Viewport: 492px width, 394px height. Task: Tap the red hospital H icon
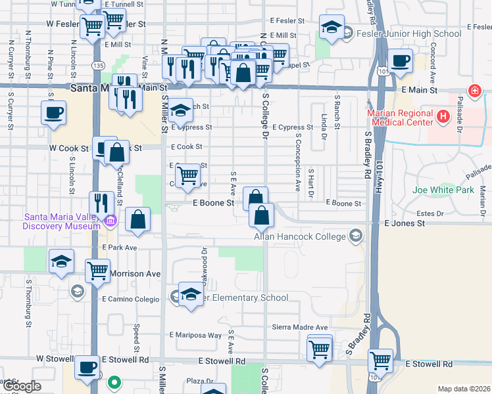tap(443, 117)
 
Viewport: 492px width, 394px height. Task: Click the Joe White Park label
tap(443, 190)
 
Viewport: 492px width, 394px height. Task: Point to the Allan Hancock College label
tap(300, 236)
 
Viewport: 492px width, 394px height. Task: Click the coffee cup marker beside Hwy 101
tap(399, 61)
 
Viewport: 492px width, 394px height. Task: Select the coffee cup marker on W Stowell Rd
tap(87, 367)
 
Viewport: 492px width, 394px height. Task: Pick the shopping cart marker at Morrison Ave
tap(97, 269)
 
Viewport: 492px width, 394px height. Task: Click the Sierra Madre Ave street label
tap(299, 327)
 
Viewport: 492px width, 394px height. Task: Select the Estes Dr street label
tap(431, 214)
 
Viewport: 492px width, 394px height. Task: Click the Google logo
tap(21, 386)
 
